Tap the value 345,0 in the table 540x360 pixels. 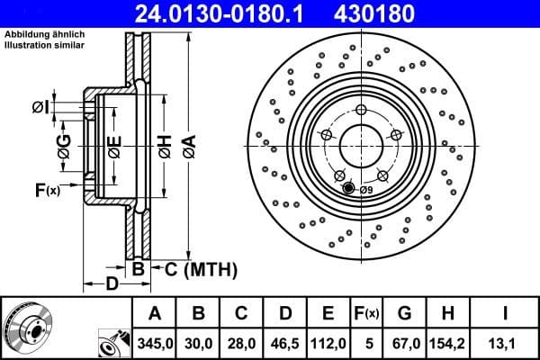point(154,341)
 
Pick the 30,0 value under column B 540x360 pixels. point(198,341)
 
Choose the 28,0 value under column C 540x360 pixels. point(241,341)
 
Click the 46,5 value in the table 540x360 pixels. point(285,341)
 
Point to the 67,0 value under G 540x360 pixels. point(404,341)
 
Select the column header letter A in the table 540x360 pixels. point(154,313)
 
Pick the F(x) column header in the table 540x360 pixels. point(365,313)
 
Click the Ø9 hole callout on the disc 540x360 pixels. point(365,190)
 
